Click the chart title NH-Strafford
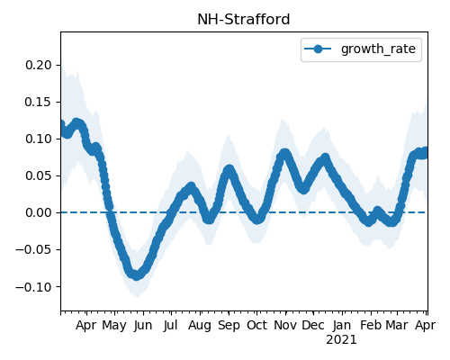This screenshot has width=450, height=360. coord(244,20)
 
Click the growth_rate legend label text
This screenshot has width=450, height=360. coord(378,49)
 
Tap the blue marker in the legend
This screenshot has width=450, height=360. coord(318,49)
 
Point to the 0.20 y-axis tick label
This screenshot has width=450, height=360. coord(39,65)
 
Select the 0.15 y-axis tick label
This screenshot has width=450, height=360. coord(39,102)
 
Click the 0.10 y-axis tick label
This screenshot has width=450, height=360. coord(39,139)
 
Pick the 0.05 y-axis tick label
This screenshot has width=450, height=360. coord(39,175)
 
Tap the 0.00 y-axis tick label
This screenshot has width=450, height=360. coord(39,212)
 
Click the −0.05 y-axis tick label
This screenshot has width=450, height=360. coord(33,249)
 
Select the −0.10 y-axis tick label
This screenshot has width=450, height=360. coord(33,287)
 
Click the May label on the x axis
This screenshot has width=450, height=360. coord(114,326)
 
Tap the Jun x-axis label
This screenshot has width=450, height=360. coord(143,326)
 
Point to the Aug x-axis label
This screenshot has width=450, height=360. coord(200,326)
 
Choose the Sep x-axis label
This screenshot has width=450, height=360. coord(229,326)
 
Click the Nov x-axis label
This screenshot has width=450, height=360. coord(285,326)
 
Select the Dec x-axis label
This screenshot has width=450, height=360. coord(313,326)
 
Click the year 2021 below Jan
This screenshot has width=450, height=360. coord(341,340)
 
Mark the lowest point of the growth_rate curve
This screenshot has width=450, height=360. coord(137,275)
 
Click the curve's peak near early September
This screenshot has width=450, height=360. coord(229,169)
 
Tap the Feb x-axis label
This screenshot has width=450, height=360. coord(371,326)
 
